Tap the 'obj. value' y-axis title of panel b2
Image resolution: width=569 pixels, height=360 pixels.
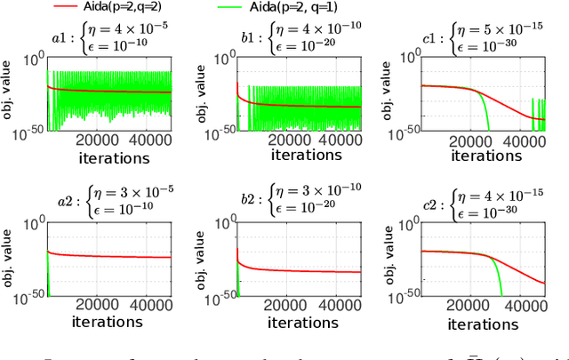[x=199, y=262]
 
